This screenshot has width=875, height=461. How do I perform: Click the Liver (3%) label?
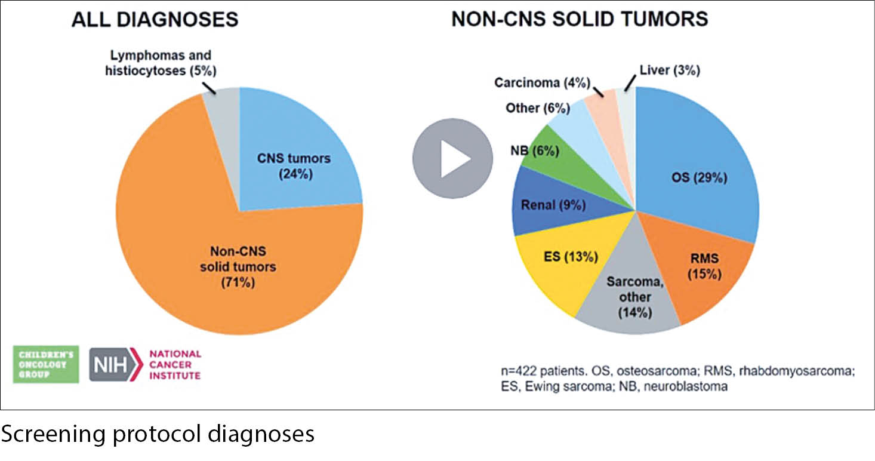669,70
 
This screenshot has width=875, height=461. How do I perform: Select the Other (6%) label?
537,108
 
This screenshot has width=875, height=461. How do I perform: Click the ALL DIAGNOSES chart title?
155,20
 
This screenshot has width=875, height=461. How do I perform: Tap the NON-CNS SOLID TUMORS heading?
580,20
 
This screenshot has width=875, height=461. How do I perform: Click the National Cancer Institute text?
174,364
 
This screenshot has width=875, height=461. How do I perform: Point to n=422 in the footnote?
519,371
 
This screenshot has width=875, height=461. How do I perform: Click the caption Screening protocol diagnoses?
158,434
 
